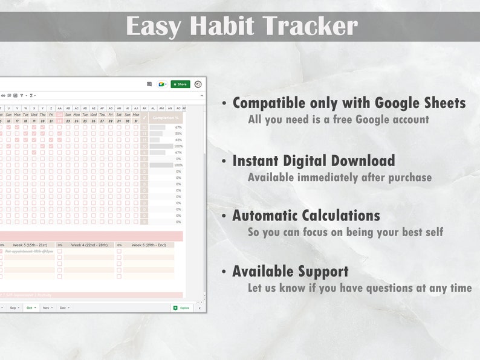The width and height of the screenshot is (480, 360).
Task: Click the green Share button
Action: pyautogui.click(x=180, y=85)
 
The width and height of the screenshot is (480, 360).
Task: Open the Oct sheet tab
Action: pyautogui.click(x=30, y=307)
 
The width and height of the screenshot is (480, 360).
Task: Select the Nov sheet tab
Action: pyautogui.click(x=47, y=307)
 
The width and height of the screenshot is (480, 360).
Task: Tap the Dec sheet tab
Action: pyautogui.click(x=63, y=307)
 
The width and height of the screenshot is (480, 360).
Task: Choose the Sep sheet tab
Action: pyautogui.click(x=13, y=307)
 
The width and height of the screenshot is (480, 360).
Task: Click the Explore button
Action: pyautogui.click(x=181, y=307)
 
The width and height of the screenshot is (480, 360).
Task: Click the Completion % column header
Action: pyautogui.click(x=165, y=118)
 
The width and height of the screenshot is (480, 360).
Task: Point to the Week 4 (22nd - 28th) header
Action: pyautogui.click(x=89, y=245)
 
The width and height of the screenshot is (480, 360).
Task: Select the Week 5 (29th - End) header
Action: pyautogui.click(x=149, y=245)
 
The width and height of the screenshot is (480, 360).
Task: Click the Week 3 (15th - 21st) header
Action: pyautogui.click(x=30, y=245)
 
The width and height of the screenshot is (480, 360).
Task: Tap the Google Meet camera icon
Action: pyautogui.click(x=162, y=85)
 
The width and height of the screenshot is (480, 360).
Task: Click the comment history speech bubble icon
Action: pyautogui.click(x=149, y=85)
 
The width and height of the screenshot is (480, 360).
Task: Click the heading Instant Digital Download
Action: pyautogui.click(x=313, y=161)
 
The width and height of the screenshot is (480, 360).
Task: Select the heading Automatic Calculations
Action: pyautogui.click(x=306, y=216)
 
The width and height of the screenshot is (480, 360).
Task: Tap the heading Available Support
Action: pyautogui.click(x=290, y=271)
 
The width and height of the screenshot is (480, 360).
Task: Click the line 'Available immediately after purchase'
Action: pyautogui.click(x=339, y=178)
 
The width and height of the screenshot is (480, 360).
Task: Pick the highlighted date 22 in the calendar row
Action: pyautogui.click(x=60, y=121)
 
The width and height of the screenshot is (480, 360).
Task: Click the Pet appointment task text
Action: pyautogui.click(x=29, y=251)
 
